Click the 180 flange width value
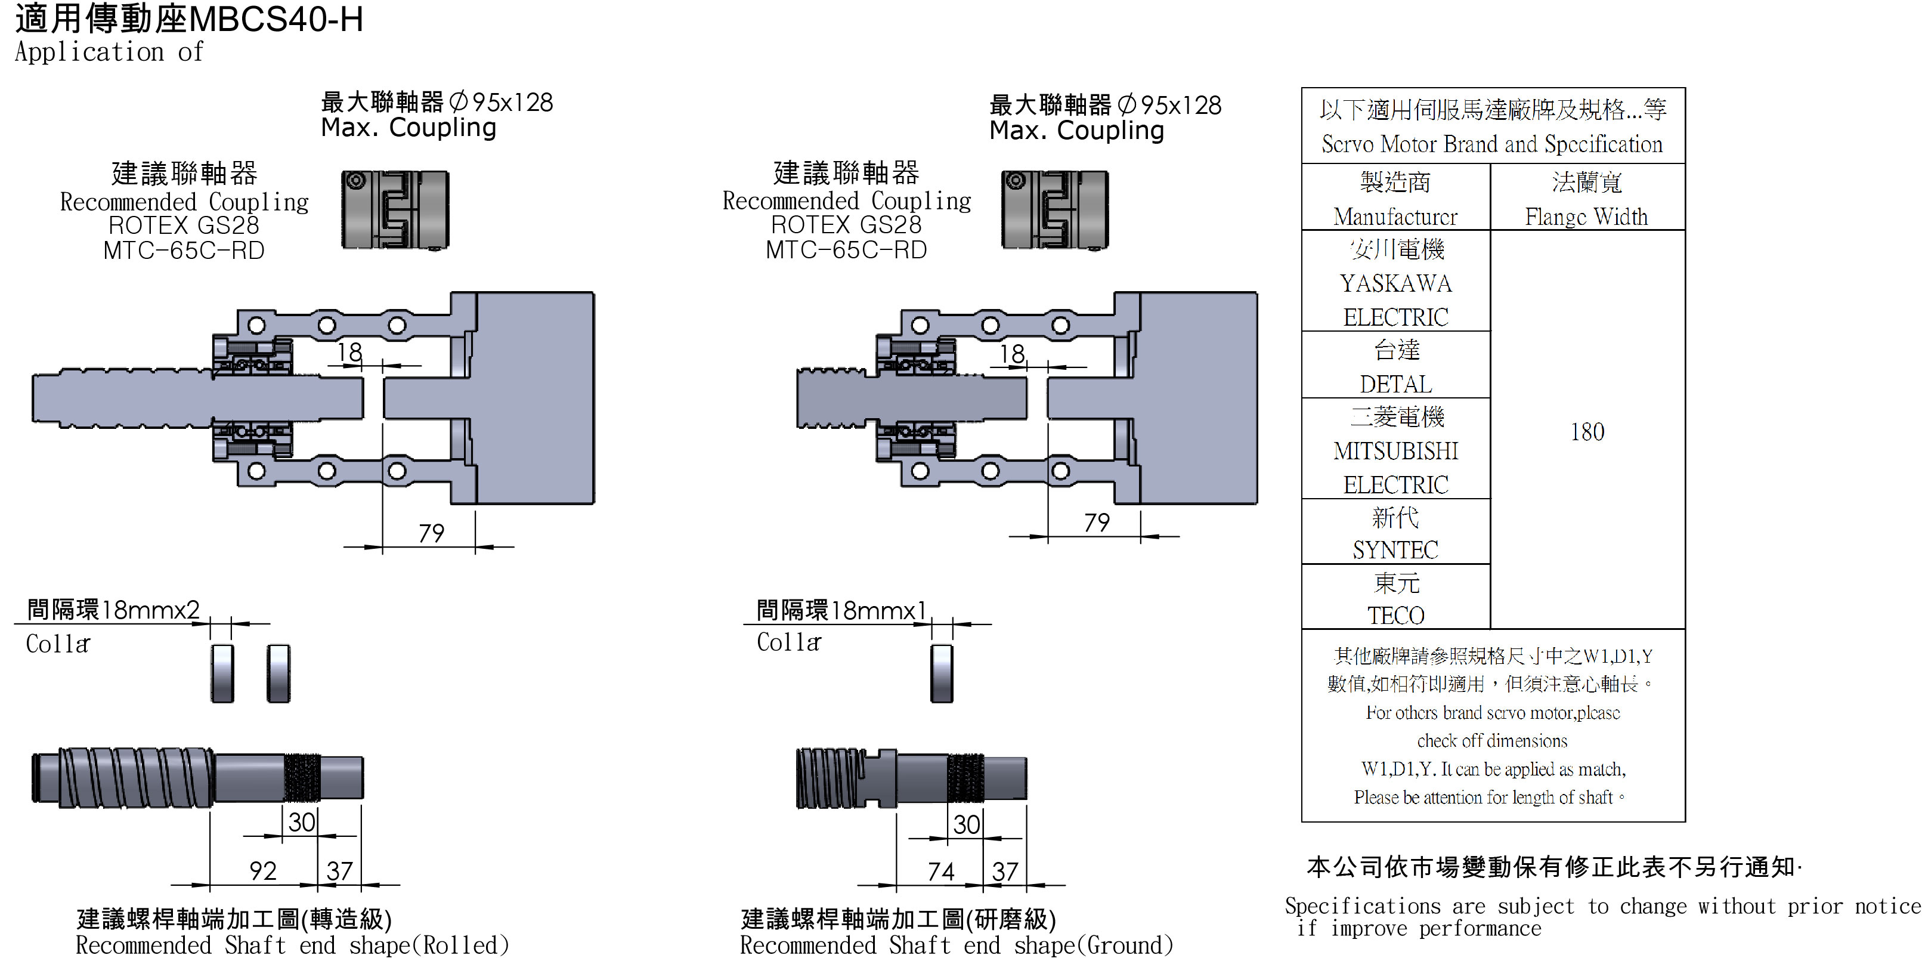(1587, 432)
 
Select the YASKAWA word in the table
(1395, 283)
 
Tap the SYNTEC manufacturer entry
(1395, 550)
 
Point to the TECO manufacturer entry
(1395, 616)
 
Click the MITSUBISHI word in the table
(1395, 450)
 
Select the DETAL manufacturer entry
(1395, 384)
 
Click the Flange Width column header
(1586, 217)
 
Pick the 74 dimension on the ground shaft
(941, 872)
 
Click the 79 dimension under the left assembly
(431, 533)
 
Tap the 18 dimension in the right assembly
(1013, 354)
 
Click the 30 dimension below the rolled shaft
(301, 822)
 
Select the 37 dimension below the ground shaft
(1005, 872)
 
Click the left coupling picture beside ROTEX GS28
(395, 211)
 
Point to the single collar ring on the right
(942, 673)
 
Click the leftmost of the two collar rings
(222, 673)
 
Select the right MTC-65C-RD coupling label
(846, 250)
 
